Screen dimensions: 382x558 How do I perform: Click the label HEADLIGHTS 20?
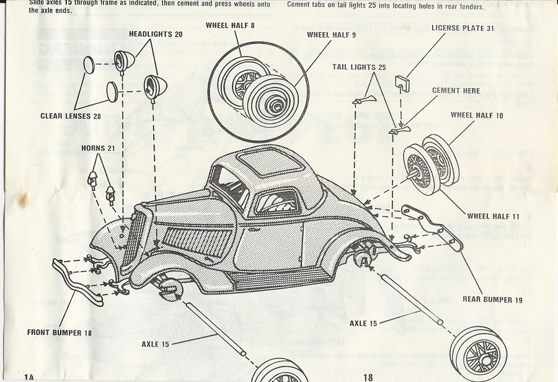tap(156, 34)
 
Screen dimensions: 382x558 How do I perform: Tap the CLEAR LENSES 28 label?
tap(70, 115)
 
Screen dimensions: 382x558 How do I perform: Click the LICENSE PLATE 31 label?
tap(463, 45)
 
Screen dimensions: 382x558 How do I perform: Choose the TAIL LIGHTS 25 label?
tap(359, 67)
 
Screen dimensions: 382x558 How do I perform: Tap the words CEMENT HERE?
tap(456, 91)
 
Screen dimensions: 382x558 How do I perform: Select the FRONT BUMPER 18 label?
tap(59, 332)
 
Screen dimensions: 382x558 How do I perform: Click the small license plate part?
tap(403, 82)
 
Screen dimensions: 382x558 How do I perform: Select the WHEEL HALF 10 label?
tap(477, 115)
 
